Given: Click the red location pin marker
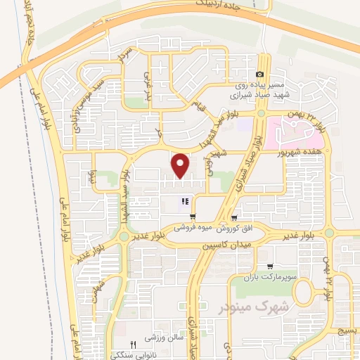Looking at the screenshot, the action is click(x=181, y=165).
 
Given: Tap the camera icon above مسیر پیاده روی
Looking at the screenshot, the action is click(x=260, y=75).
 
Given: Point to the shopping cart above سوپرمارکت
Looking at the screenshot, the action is click(x=270, y=266).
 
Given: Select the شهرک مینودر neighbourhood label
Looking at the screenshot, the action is click(x=238, y=307).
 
